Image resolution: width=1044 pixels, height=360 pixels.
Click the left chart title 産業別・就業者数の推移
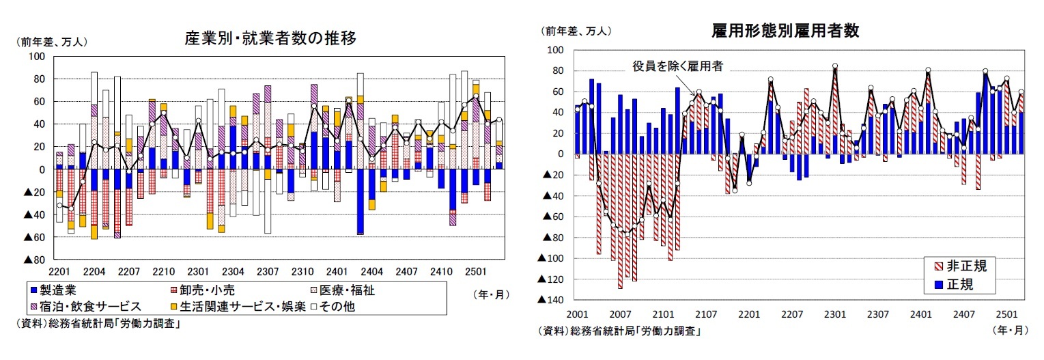pyautogui.click(x=270, y=38)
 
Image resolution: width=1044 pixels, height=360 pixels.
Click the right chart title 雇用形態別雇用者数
pyautogui.click(x=785, y=31)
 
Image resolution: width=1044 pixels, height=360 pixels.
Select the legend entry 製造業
pyautogui.click(x=55, y=290)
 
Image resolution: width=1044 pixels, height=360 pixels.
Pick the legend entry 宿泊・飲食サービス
pyautogui.click(x=85, y=306)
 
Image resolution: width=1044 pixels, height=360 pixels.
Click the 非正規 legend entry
pyautogui.click(x=961, y=266)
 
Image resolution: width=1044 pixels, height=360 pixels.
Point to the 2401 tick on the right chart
pyautogui.click(x=920, y=314)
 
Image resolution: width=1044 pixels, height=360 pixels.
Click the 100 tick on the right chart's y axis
pyautogui.click(x=554, y=50)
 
